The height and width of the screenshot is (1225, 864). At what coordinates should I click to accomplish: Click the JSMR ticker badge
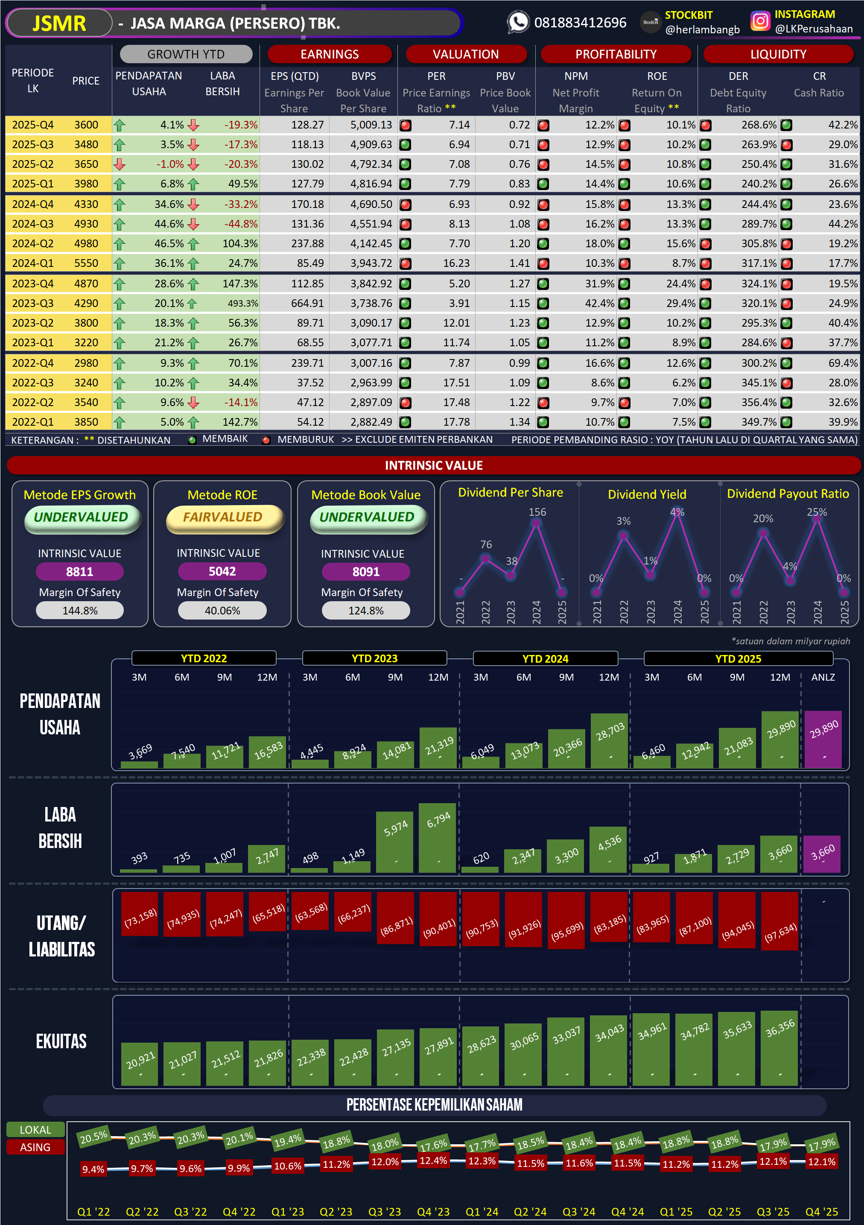tap(59, 23)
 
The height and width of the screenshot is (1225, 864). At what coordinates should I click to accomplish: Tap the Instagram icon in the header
tap(760, 21)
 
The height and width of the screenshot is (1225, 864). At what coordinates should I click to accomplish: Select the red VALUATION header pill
tap(466, 54)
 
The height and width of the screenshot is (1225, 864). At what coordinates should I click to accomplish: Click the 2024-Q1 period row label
tap(33, 263)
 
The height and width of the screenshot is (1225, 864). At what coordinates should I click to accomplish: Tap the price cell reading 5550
tap(86, 263)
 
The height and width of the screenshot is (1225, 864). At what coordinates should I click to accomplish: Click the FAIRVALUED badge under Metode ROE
tap(223, 517)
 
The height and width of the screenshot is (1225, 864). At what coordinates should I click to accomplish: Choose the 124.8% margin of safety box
tap(366, 611)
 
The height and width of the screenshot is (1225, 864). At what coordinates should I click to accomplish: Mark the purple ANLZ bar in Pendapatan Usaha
tap(823, 740)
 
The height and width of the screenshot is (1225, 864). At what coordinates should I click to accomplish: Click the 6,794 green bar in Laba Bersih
tap(438, 838)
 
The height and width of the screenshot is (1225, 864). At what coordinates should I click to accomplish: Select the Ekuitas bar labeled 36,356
tap(780, 1048)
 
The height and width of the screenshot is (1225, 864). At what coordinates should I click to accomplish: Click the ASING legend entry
tap(35, 1148)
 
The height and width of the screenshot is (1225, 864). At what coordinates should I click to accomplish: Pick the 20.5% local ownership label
tap(94, 1137)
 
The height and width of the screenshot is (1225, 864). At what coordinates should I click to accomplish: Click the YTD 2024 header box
tap(545, 658)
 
